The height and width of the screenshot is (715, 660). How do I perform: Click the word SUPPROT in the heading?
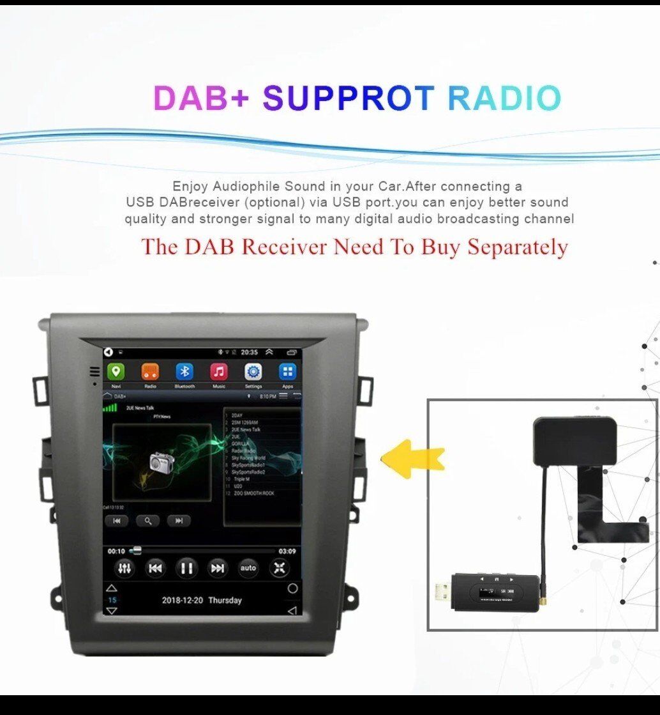click(x=348, y=98)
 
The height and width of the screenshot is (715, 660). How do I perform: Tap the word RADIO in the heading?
click(x=504, y=98)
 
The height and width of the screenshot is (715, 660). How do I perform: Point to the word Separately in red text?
click(x=518, y=247)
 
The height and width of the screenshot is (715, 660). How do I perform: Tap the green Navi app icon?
click(x=116, y=372)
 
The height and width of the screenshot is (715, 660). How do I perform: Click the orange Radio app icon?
click(x=150, y=372)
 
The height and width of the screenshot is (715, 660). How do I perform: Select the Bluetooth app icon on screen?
click(x=184, y=372)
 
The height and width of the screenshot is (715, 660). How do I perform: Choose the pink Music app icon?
click(x=219, y=372)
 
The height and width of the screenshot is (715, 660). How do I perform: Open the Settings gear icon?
click(x=253, y=372)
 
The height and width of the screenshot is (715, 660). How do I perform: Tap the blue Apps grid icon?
click(x=288, y=372)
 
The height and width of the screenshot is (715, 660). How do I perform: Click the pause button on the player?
click(x=186, y=567)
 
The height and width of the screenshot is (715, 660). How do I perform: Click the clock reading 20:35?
click(x=250, y=352)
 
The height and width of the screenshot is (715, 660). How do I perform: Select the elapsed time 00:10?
click(x=116, y=551)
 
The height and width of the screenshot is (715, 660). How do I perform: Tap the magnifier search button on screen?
click(x=147, y=521)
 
